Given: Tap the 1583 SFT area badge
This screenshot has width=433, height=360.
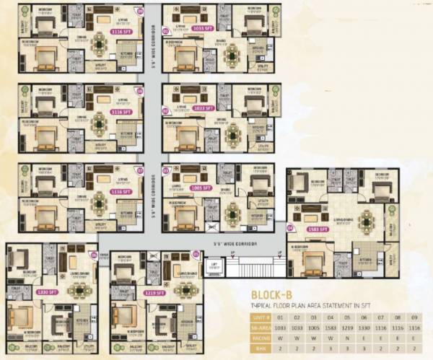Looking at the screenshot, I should (318, 229).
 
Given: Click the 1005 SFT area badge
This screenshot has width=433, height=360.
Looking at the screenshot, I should (201, 187).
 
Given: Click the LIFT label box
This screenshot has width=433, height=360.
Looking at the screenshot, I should (214, 265).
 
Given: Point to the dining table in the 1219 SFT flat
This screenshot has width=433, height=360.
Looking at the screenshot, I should (186, 289).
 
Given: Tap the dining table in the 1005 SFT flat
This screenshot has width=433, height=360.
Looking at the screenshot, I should (233, 213).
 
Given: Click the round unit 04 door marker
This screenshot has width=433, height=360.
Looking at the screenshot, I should (290, 228).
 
